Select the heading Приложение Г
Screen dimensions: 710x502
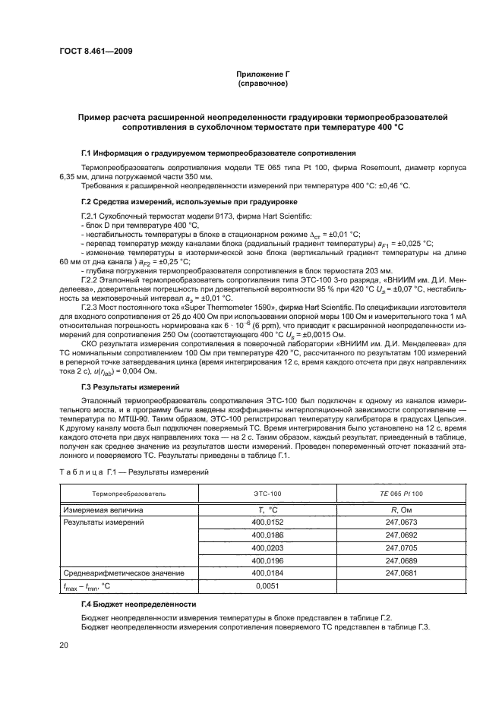coord(263,74)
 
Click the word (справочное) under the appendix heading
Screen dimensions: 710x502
coord(263,83)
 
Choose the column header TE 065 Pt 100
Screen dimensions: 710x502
coord(401,494)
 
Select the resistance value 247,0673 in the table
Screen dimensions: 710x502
coord(401,522)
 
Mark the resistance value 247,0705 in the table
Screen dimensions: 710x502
coord(401,547)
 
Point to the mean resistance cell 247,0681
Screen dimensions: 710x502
coord(401,573)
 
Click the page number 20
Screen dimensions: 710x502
coord(64,645)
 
